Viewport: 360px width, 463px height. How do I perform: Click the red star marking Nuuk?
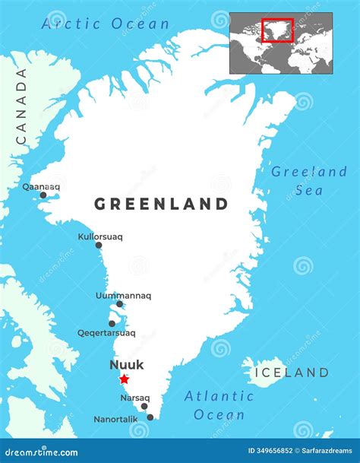(124, 379)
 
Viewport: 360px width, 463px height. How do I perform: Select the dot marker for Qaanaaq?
(43, 195)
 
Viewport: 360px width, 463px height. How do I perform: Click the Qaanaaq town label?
(41, 186)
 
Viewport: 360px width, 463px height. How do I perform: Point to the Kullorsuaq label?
(99, 236)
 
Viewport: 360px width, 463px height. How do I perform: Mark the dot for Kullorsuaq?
(98, 245)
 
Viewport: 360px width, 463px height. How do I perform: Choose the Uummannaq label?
(123, 295)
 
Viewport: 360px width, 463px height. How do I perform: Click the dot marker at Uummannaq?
(119, 304)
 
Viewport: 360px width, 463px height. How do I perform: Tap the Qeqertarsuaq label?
(106, 332)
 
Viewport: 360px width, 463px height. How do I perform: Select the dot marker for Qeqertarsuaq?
(112, 323)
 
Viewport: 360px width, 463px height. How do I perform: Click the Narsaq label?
(134, 396)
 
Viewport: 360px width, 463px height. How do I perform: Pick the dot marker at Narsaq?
(144, 406)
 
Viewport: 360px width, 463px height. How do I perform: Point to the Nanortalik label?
(115, 419)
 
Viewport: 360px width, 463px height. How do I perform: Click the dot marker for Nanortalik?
(150, 417)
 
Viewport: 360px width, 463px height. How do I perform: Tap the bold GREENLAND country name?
(161, 204)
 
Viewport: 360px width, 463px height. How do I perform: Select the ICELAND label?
(292, 373)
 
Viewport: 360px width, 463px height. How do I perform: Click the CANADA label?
(21, 106)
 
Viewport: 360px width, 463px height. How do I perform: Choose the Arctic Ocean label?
(106, 24)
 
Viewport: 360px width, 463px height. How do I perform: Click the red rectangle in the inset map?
(277, 30)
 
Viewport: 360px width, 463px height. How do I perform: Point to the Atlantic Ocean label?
(219, 405)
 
